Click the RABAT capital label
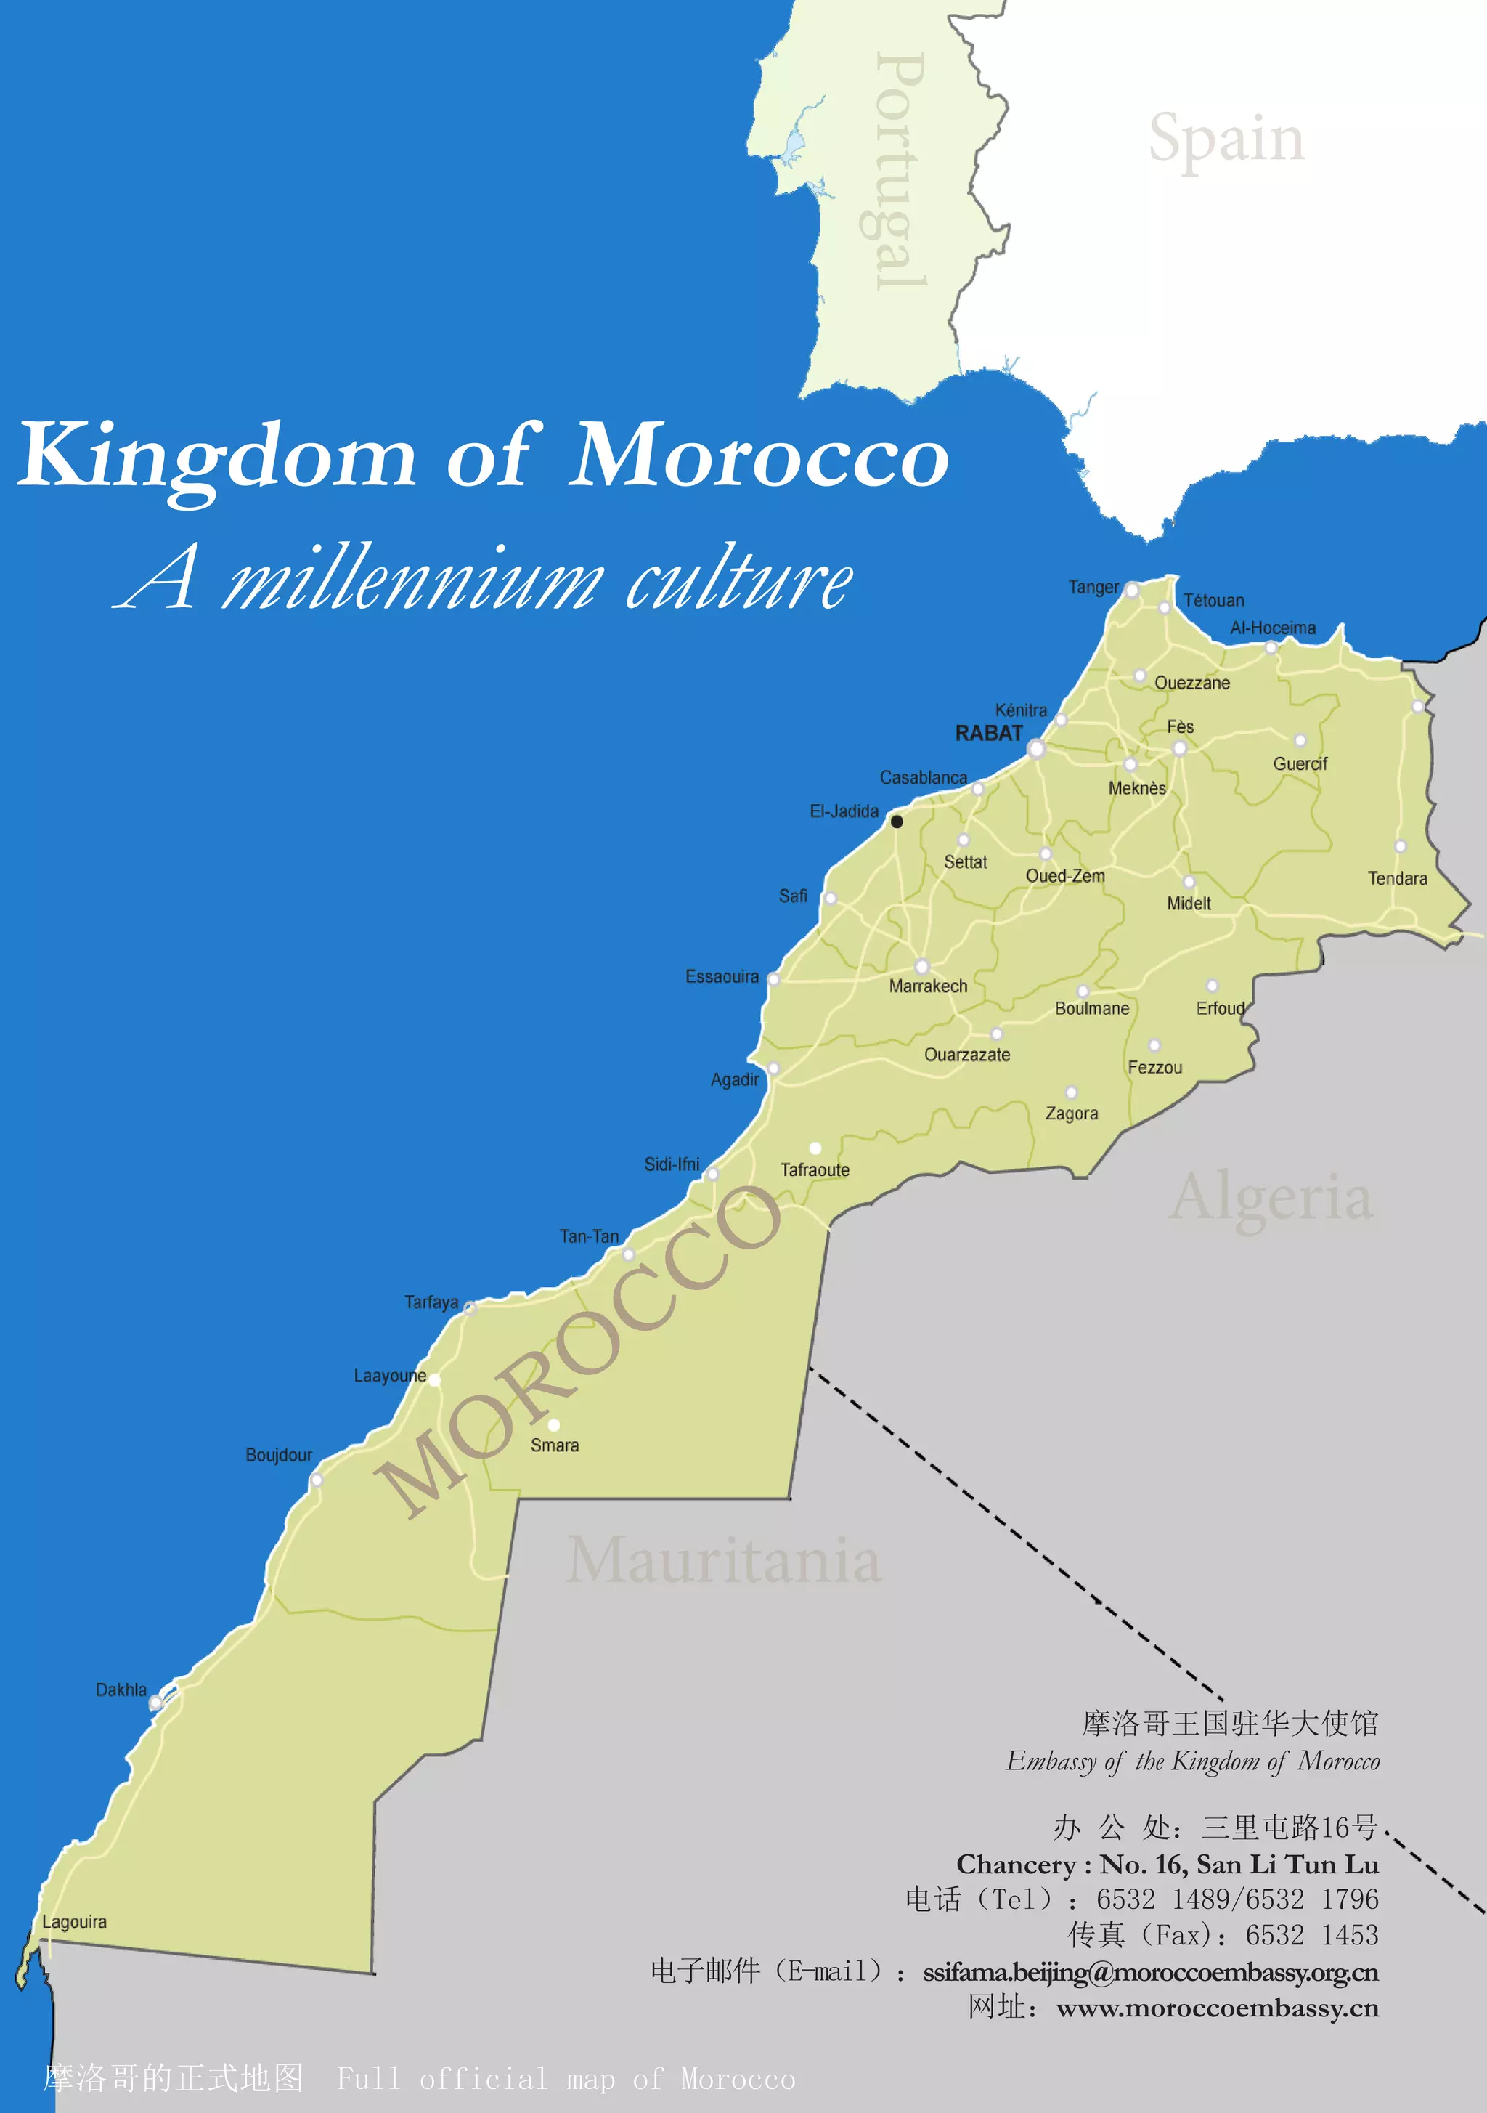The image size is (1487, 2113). coord(988,734)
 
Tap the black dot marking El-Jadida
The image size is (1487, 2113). coord(896,821)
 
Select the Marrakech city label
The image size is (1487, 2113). coord(927,986)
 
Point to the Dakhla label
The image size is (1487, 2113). coord(121,1690)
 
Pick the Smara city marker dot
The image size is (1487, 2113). coord(554,1424)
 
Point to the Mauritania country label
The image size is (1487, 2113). coord(723,1561)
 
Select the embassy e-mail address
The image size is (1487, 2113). coord(1150,1972)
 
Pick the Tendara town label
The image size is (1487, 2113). coord(1397,878)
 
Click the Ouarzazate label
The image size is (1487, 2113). coord(966,1055)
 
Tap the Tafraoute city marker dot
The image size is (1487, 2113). coord(815,1148)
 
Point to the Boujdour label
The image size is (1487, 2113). coord(278,1454)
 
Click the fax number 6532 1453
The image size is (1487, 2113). coord(1311,1934)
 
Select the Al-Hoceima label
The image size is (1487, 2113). coord(1273,628)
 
